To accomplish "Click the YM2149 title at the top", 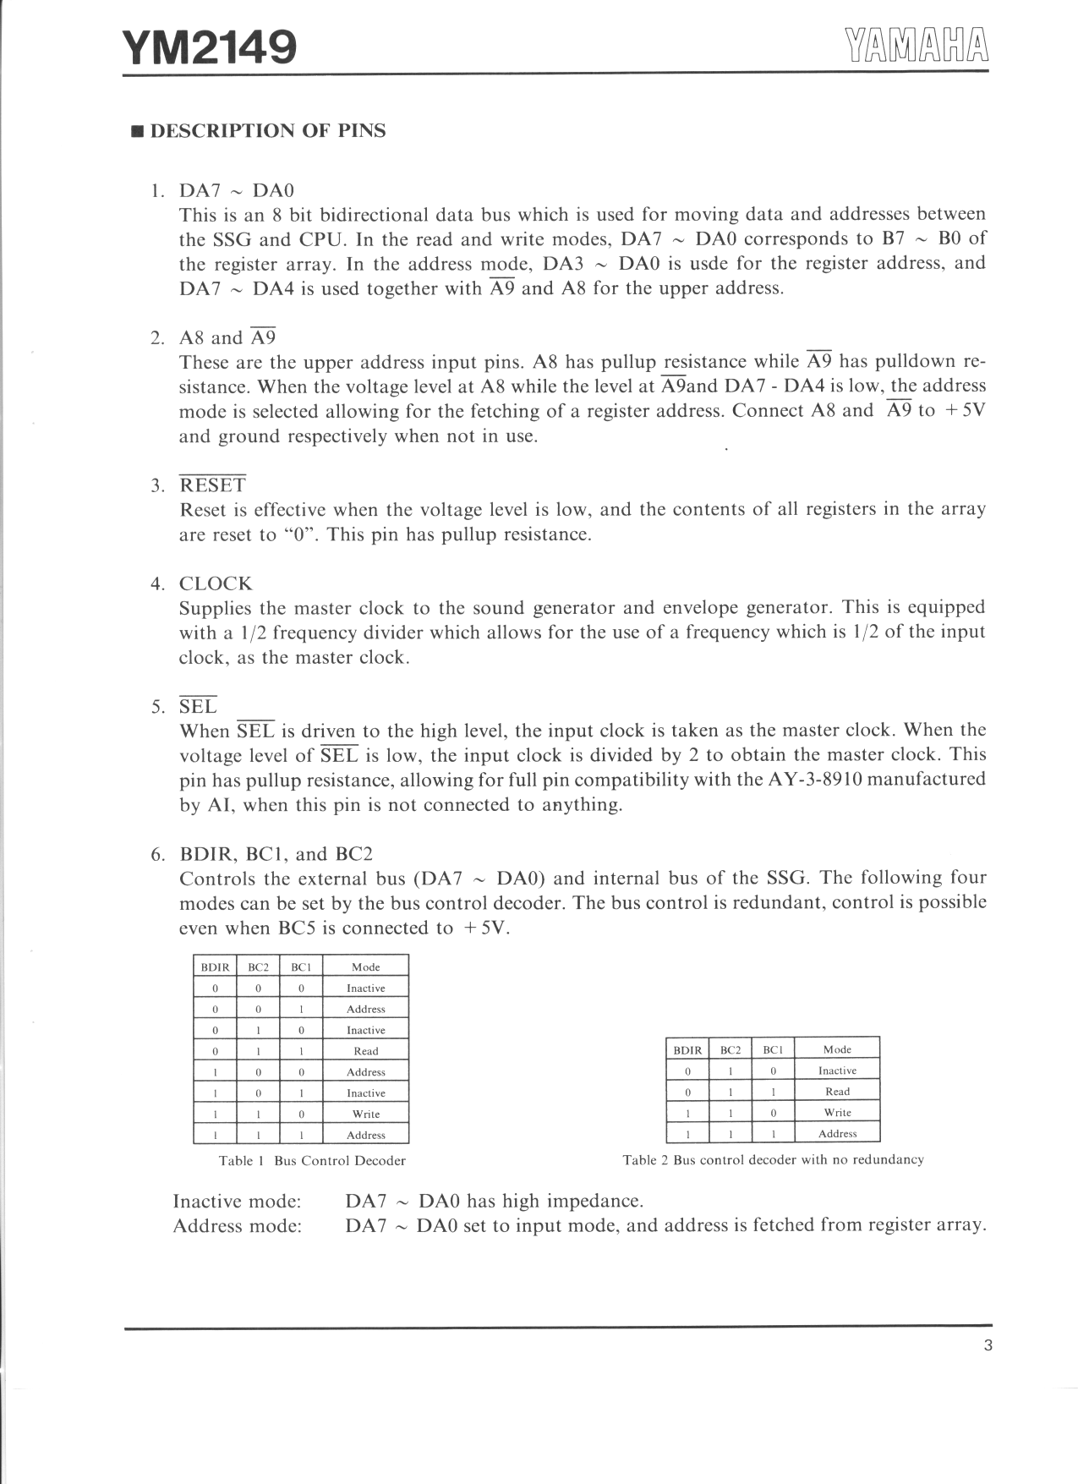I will coord(210,48).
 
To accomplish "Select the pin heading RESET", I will coord(213,485).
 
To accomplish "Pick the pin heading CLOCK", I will coord(216,583).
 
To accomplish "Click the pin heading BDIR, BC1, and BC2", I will coord(276,853).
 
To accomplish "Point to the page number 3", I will coord(988,1347).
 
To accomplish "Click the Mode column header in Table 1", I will coord(365,967).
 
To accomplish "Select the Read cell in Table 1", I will coord(365,1051).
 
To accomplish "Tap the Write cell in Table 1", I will coord(365,1114).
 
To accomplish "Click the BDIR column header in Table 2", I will coord(687,1049).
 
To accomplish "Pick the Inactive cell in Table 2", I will coord(837,1071).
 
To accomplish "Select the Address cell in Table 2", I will coord(837,1134).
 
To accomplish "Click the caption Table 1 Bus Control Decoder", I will coord(312,1160).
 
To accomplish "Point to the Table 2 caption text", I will coord(773,1159).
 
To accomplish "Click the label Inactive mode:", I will coord(237,1201).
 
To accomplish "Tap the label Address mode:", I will coord(237,1225).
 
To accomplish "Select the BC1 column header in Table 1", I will coord(301,967).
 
